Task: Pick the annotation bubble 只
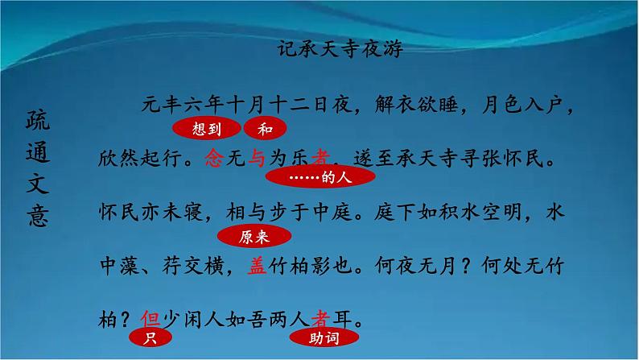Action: [x=149, y=339]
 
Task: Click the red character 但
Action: [x=150, y=319]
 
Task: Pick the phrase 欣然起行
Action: [x=130, y=159]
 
